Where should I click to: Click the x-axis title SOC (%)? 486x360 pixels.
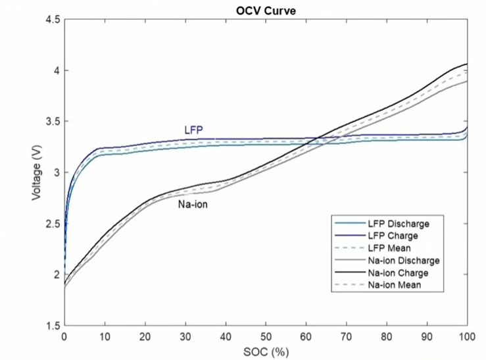coord(265,351)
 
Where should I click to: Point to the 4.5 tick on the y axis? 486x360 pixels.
coord(53,20)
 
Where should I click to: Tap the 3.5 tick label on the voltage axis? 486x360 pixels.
coord(53,122)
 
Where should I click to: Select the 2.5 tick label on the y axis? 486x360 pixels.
coord(53,224)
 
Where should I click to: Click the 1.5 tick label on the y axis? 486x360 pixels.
coord(53,326)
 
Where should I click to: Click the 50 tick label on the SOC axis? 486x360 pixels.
coord(266,336)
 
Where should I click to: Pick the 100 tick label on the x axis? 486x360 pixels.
coord(467,336)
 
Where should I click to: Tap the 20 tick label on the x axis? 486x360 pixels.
coord(145,336)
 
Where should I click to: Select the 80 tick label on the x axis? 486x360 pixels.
coord(387,336)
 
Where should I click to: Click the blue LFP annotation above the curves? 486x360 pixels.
coord(193,130)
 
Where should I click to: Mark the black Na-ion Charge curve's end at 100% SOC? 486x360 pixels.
coord(467,64)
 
